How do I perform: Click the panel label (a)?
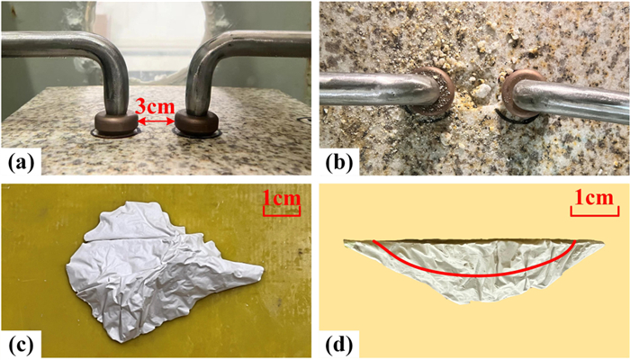pyautogui.click(x=21, y=165)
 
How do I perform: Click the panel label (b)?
pyautogui.click(x=339, y=165)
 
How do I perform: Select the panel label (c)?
pyautogui.click(x=21, y=345)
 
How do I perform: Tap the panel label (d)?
pyautogui.click(x=339, y=345)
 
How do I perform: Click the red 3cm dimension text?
pyautogui.click(x=155, y=107)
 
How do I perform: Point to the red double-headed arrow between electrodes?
pyautogui.click(x=156, y=121)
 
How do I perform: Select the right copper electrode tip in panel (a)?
pyautogui.click(x=195, y=124)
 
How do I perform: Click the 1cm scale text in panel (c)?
pyautogui.click(x=282, y=199)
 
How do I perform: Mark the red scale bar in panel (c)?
pyautogui.click(x=282, y=211)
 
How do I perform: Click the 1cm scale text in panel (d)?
pyautogui.click(x=594, y=199)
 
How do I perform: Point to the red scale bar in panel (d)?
pyautogui.click(x=594, y=211)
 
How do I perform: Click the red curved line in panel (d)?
pyautogui.click(x=475, y=275)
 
